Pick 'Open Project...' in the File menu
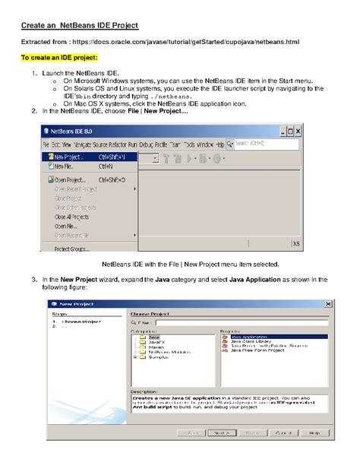[x=68, y=179]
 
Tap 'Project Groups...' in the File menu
[x=70, y=248]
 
